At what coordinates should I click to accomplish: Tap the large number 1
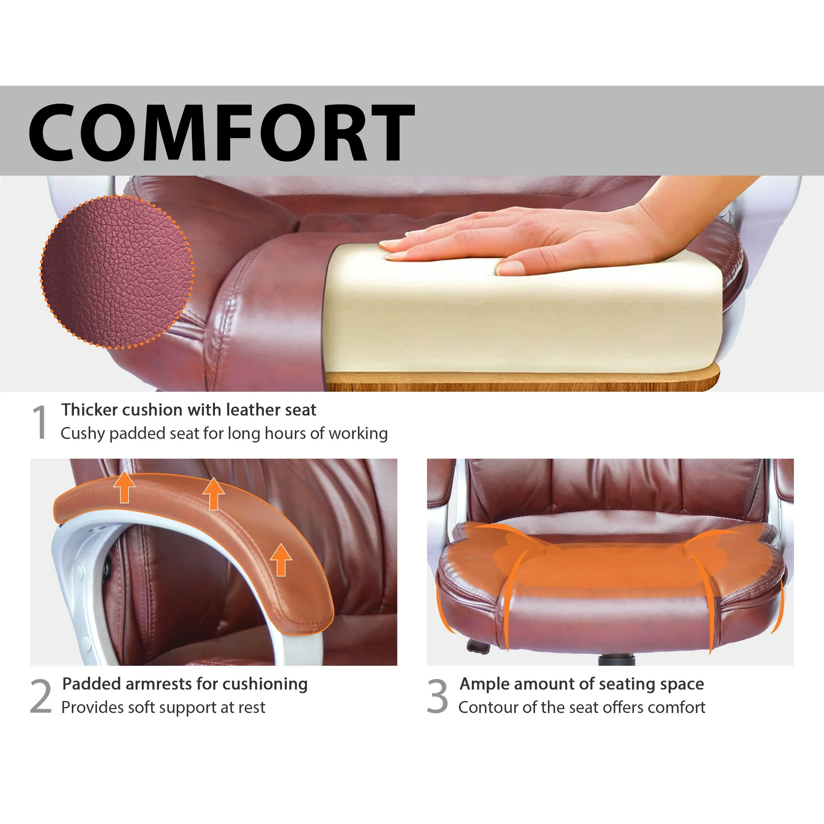click(40, 422)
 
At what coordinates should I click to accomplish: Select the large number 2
click(40, 696)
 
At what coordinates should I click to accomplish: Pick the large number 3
click(438, 696)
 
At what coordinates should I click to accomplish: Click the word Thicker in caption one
click(89, 410)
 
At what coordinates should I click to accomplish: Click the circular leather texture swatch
click(117, 272)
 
